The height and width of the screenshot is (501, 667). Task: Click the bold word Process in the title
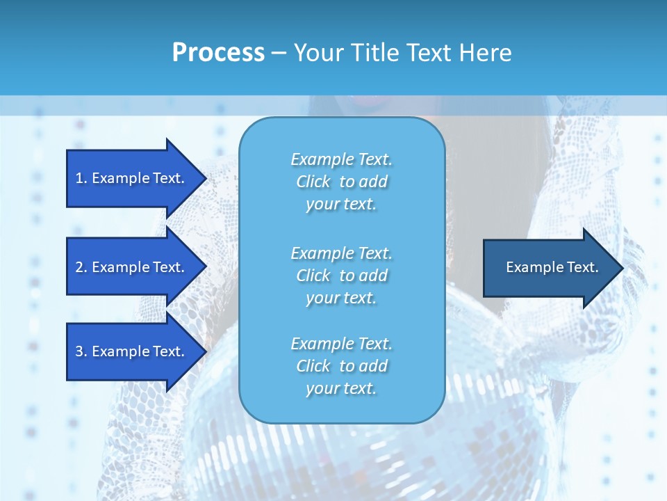[x=218, y=53]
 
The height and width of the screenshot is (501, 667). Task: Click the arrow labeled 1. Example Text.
[x=132, y=178]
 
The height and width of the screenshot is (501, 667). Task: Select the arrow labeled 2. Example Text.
[x=132, y=267]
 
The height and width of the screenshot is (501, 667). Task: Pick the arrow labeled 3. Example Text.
[x=132, y=351]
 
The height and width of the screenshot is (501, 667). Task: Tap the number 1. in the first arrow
[x=81, y=178]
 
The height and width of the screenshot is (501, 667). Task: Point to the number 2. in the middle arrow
[x=81, y=267]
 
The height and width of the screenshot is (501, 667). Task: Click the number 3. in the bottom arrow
[x=81, y=351]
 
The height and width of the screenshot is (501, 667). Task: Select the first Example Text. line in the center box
[x=341, y=159]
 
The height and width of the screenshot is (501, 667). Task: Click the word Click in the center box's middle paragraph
[x=313, y=276]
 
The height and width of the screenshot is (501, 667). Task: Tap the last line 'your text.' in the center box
[x=341, y=388]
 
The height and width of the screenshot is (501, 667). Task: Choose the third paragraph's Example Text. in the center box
[x=341, y=344]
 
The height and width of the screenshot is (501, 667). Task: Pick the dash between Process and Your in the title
[x=279, y=53]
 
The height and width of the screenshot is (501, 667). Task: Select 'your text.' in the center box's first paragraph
[x=341, y=204]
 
